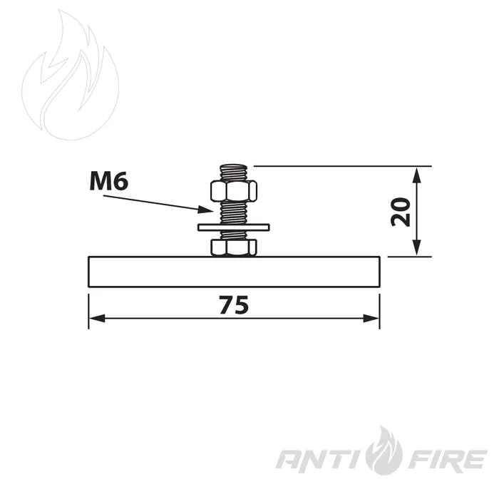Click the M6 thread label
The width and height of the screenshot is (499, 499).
pyautogui.click(x=109, y=182)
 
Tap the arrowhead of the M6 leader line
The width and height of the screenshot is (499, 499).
pyautogui.click(x=205, y=210)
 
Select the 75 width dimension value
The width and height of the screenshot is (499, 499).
pyautogui.click(x=234, y=305)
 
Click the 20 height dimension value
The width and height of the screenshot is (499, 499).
pyautogui.click(x=401, y=212)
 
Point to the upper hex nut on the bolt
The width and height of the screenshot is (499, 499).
pyautogui.click(x=234, y=191)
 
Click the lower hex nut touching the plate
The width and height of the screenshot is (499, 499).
pyautogui.click(x=234, y=247)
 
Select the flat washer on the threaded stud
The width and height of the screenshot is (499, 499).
pyautogui.click(x=234, y=227)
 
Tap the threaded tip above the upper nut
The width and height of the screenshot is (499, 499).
pyautogui.click(x=234, y=173)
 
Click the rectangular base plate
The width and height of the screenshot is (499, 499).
pyautogui.click(x=234, y=272)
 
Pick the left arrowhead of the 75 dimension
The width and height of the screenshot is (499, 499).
pyautogui.click(x=97, y=318)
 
